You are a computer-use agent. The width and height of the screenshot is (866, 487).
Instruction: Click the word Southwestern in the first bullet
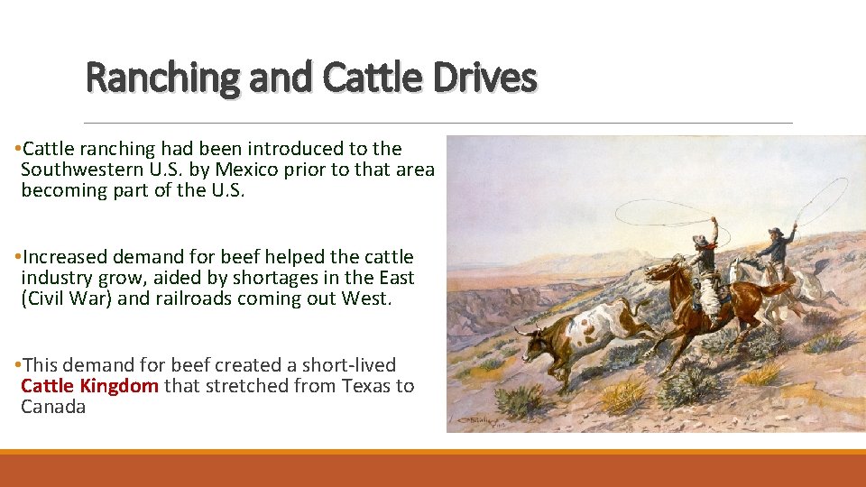pos(81,170)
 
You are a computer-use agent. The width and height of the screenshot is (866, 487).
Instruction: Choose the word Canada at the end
pos(53,407)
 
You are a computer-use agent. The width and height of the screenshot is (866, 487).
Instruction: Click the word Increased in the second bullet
pos(69,257)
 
